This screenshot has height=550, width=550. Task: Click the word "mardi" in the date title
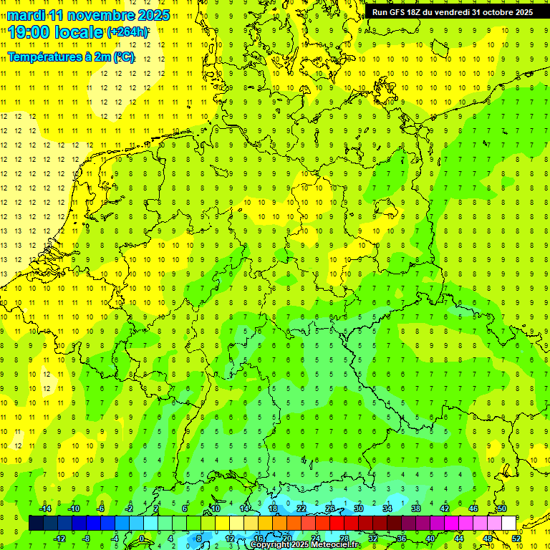(27, 15)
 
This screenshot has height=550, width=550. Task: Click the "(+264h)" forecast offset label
(127, 32)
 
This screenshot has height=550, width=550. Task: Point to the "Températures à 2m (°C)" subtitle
(70, 57)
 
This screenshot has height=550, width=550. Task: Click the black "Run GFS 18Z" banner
(452, 12)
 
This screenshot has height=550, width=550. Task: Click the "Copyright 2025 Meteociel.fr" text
(305, 545)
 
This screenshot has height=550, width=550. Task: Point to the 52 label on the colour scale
(516, 538)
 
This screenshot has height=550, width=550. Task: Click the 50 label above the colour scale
(502, 508)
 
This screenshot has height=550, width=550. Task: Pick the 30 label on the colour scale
(359, 508)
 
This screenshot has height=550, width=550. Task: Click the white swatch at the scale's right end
(509, 523)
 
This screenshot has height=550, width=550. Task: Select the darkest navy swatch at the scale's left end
(36, 523)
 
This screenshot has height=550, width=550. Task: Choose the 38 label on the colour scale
(416, 508)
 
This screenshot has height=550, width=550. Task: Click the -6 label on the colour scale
(101, 508)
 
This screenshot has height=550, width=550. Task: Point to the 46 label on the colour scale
(473, 508)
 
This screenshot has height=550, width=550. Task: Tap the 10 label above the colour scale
(216, 508)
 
